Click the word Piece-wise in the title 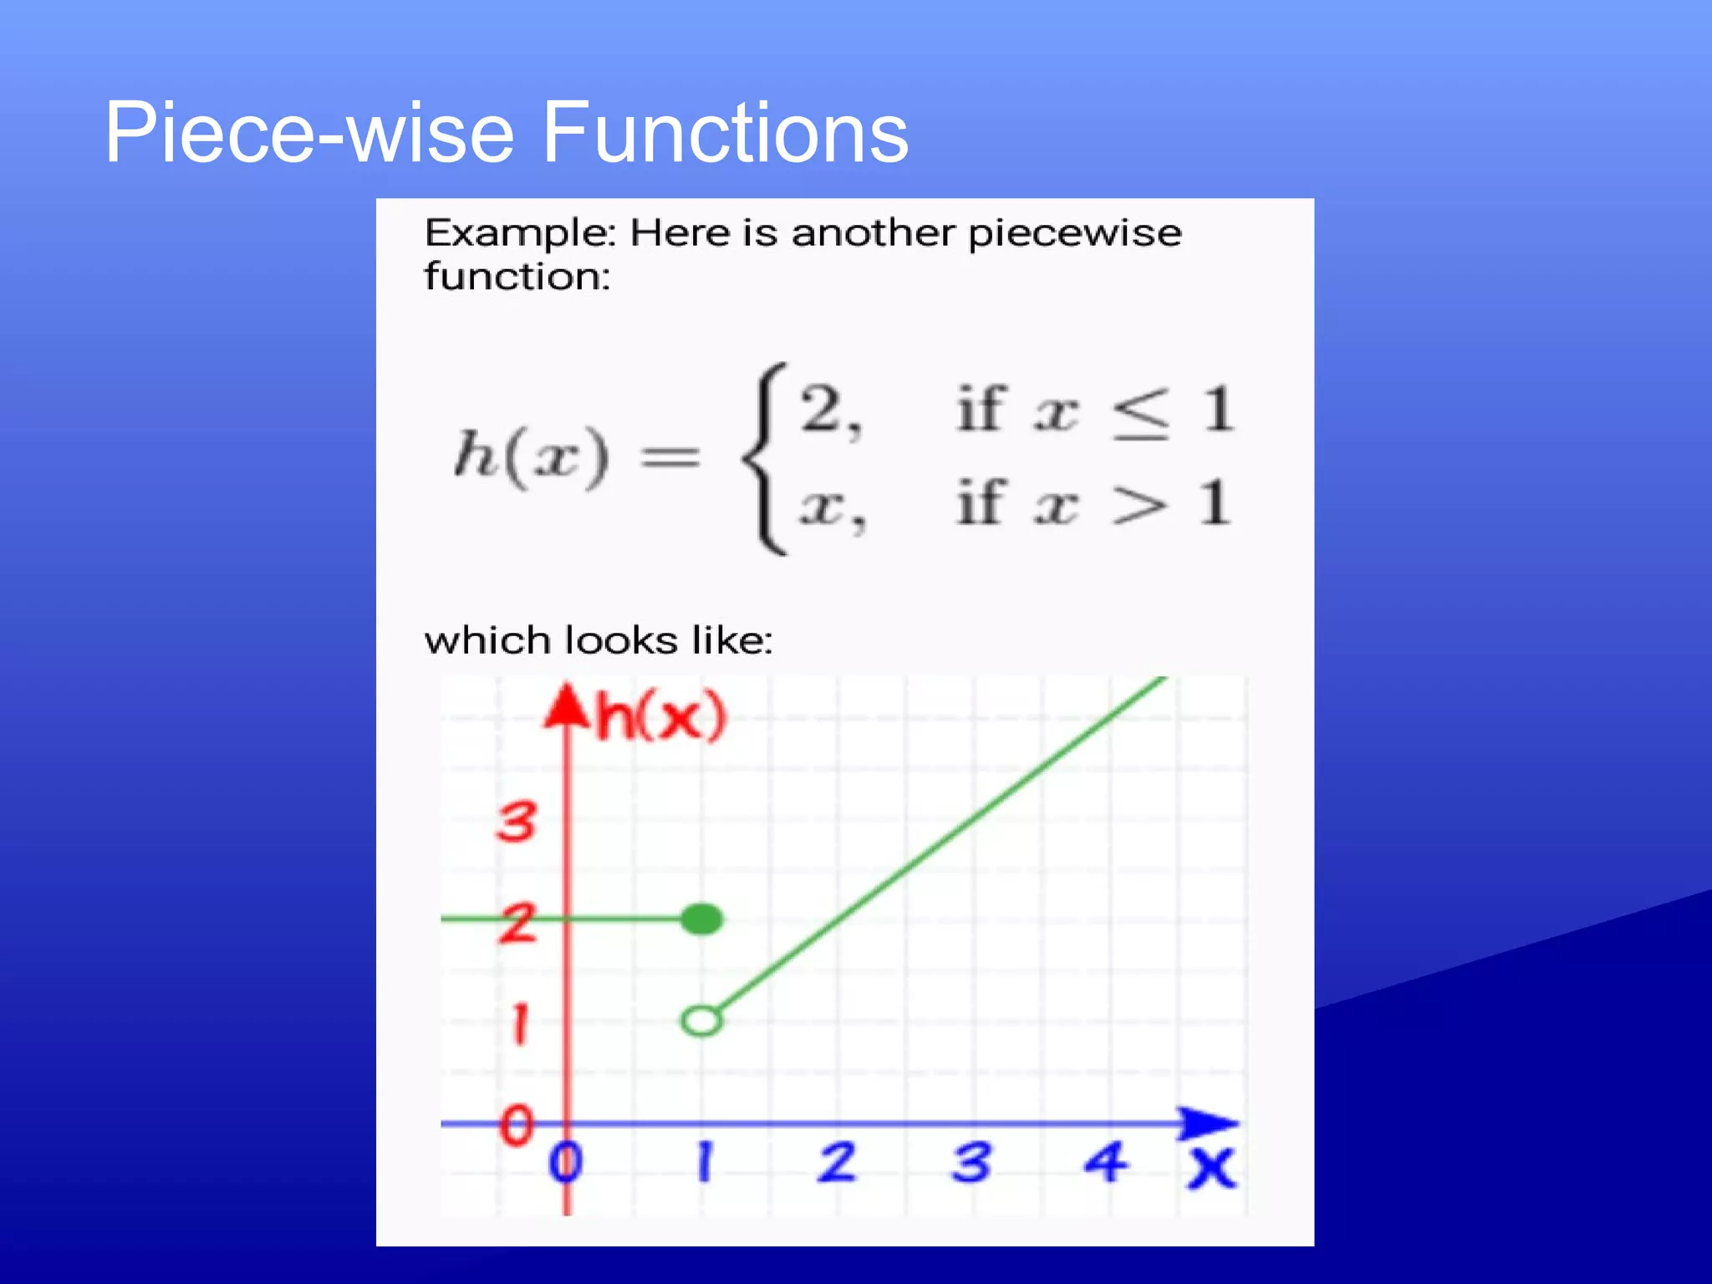(x=309, y=132)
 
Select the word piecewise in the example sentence (x=1074, y=234)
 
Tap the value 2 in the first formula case (x=823, y=410)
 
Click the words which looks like (x=599, y=641)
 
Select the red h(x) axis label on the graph (x=660, y=716)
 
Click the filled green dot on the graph (x=701, y=920)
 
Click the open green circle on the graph (x=701, y=1021)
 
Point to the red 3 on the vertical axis (x=517, y=821)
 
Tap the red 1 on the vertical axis (x=519, y=1023)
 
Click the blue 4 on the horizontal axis (x=1105, y=1162)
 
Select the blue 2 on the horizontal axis (x=837, y=1162)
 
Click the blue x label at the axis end (x=1211, y=1167)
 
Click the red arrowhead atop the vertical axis (x=567, y=706)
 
